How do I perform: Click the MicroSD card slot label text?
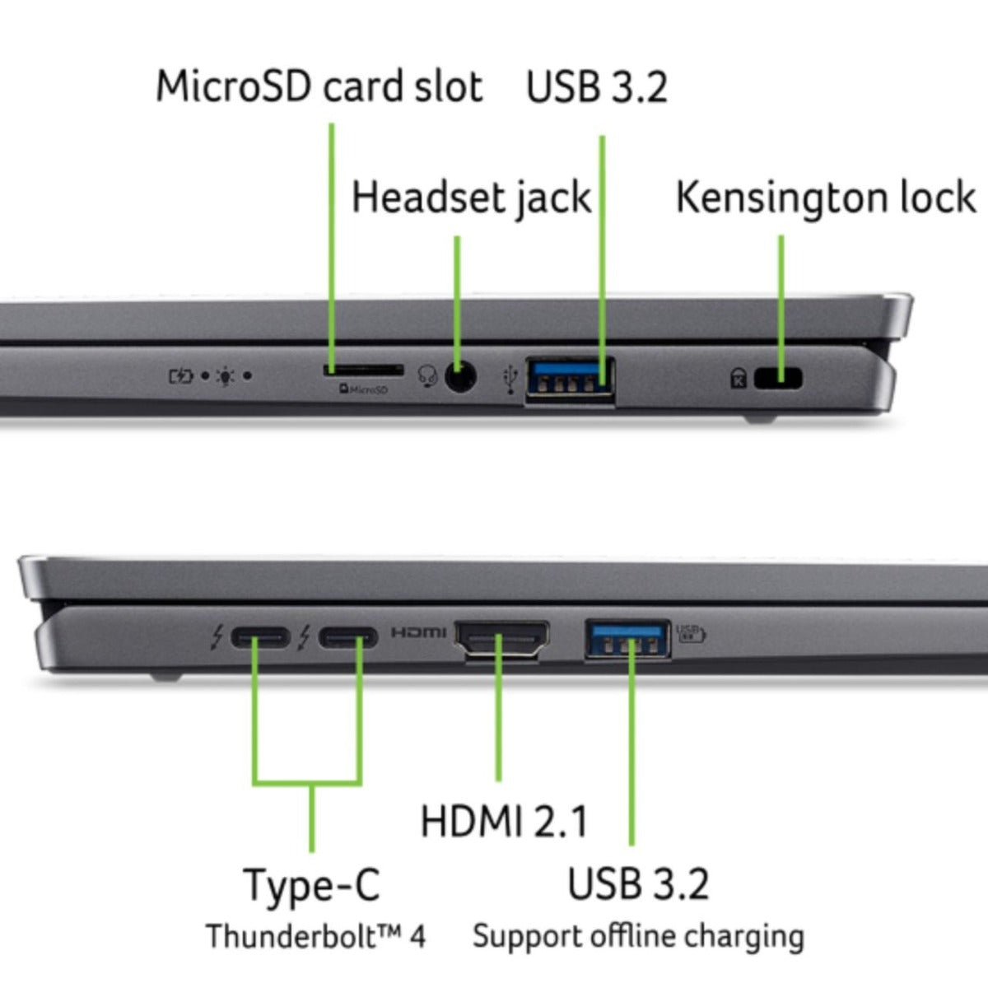(x=319, y=86)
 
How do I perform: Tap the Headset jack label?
(x=471, y=198)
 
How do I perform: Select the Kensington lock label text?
(x=825, y=198)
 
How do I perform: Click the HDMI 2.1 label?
(x=504, y=821)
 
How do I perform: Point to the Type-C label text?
(x=312, y=885)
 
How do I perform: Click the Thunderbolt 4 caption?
(x=315, y=937)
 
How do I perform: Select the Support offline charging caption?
(x=638, y=937)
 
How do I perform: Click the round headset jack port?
(x=460, y=377)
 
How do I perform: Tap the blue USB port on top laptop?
(x=571, y=379)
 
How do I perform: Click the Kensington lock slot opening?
(x=779, y=378)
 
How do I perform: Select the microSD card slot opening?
(x=362, y=371)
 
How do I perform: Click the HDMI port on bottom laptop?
(x=502, y=639)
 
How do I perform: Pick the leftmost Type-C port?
(x=259, y=637)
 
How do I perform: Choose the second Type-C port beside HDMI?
(x=348, y=637)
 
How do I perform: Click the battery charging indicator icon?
(x=180, y=377)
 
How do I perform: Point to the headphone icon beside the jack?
(x=426, y=376)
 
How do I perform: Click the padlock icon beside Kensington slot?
(x=739, y=379)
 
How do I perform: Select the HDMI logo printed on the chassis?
(x=418, y=633)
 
